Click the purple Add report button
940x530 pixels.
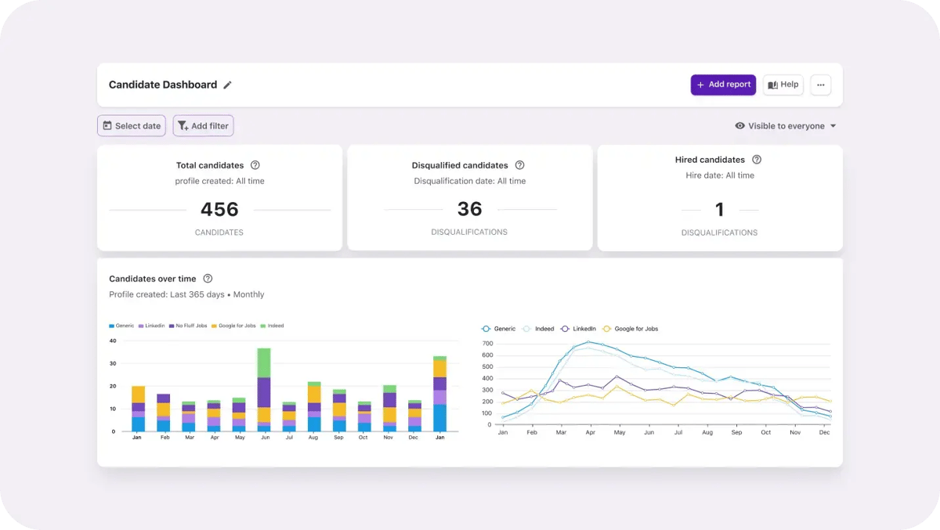pos(723,85)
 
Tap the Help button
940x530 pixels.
pos(783,85)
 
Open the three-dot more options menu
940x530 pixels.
pos(820,85)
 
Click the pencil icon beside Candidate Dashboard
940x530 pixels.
pos(227,85)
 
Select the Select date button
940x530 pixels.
pos(132,126)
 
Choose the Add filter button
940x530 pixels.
pos(203,126)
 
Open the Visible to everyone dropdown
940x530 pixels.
pos(786,126)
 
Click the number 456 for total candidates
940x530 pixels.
pos(219,209)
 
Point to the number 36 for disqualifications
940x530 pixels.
pos(469,209)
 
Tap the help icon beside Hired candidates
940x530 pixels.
pos(757,160)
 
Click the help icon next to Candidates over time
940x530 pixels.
pos(208,279)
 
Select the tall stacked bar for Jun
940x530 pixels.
pos(264,390)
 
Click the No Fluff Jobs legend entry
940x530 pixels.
pos(188,326)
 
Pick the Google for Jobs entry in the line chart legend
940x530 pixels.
pos(631,329)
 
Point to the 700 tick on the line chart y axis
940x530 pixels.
pos(487,344)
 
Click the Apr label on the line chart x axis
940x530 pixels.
pos(590,432)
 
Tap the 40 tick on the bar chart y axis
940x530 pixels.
pos(113,341)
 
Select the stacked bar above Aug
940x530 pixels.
pos(314,406)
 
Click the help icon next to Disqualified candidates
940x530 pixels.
pos(519,164)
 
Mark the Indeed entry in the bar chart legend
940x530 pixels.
pos(272,326)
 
